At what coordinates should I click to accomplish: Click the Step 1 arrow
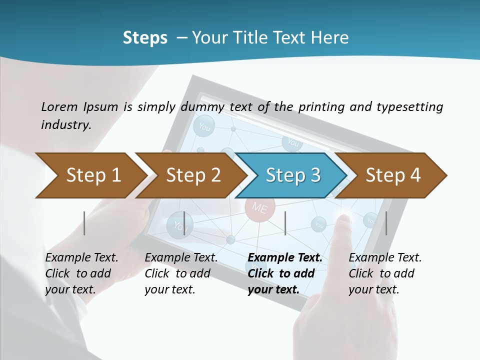pyautogui.click(x=93, y=175)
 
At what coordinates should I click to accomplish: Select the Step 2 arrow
pyautogui.click(x=193, y=175)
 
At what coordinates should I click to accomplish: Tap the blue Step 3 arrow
pyautogui.click(x=292, y=175)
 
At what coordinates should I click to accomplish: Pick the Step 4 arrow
pyautogui.click(x=393, y=175)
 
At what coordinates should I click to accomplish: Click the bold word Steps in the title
pyautogui.click(x=145, y=38)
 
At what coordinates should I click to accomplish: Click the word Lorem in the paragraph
pyautogui.click(x=59, y=106)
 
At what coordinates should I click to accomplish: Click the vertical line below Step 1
pyautogui.click(x=84, y=223)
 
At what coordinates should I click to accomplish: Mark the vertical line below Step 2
pyautogui.click(x=184, y=223)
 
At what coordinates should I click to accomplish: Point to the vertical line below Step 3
pyautogui.click(x=285, y=223)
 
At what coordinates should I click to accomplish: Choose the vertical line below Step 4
pyautogui.click(x=386, y=223)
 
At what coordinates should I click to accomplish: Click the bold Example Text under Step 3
pyautogui.click(x=285, y=258)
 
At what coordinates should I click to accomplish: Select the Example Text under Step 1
pyautogui.click(x=81, y=258)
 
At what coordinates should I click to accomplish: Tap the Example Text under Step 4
pyautogui.click(x=385, y=258)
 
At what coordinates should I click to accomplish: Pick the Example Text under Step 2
pyautogui.click(x=181, y=258)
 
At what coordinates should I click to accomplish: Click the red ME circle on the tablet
pyautogui.click(x=260, y=207)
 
